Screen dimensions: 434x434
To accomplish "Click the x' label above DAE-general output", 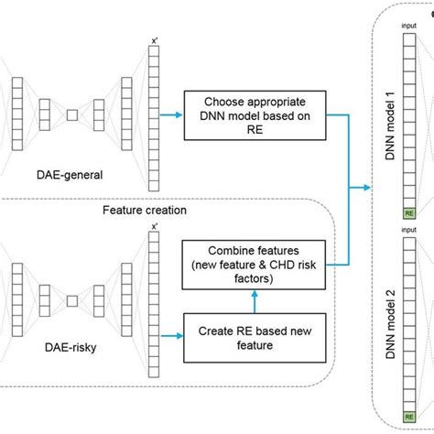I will [x=153, y=41].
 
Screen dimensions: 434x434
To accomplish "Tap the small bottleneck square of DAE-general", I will [x=71, y=114].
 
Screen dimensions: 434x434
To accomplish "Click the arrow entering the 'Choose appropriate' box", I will [x=171, y=115].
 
